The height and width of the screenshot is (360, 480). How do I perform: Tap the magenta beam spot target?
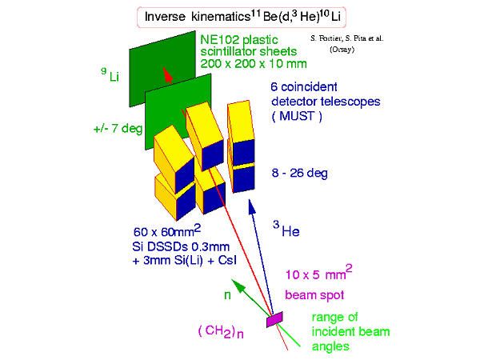pyautogui.click(x=274, y=318)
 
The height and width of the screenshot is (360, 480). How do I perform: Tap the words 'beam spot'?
pyautogui.click(x=313, y=294)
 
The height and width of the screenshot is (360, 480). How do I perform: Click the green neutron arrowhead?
pyautogui.click(x=234, y=282)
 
